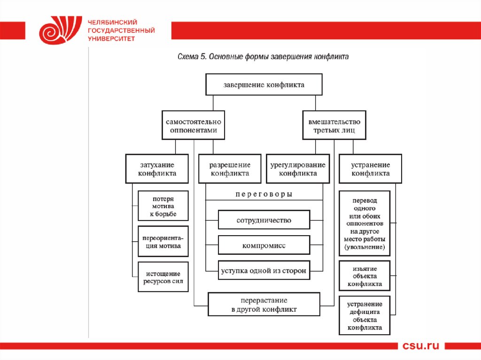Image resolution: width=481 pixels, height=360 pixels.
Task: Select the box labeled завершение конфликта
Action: tap(264, 85)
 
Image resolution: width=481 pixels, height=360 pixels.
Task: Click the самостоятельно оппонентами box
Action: tap(193, 125)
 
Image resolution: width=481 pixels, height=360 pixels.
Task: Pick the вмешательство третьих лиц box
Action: tap(334, 125)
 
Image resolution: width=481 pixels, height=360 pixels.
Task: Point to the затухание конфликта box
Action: tap(157, 169)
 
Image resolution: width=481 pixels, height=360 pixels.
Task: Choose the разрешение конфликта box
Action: tap(230, 169)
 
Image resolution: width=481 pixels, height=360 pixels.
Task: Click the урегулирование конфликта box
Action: tap(298, 169)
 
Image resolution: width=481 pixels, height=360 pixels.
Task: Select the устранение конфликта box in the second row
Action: tap(371, 169)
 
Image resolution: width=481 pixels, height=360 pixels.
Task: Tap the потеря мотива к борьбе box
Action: tap(163, 206)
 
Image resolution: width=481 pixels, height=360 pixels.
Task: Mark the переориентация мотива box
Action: tap(163, 241)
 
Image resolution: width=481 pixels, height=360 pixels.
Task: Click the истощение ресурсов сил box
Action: tap(163, 277)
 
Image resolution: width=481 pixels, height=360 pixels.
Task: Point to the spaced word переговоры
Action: tap(264, 194)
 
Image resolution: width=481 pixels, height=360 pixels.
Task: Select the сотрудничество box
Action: tap(264, 220)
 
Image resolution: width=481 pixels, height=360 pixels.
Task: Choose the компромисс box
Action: tap(264, 245)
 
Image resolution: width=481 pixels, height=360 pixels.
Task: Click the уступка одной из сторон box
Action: tap(264, 270)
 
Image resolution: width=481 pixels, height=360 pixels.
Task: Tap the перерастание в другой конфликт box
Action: tap(264, 305)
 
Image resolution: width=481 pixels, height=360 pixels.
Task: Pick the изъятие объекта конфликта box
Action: tap(365, 276)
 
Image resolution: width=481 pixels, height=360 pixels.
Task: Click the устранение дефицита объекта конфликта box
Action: tap(365, 316)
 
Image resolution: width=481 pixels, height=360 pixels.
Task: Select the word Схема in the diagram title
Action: tap(188, 57)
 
